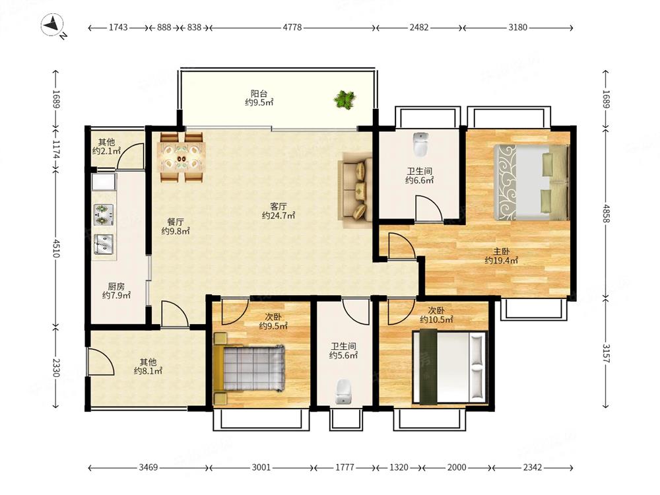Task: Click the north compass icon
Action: coord(52,24)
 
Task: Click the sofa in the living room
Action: coord(356,190)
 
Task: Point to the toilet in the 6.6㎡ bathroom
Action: coord(420,144)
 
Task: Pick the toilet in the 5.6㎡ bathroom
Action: coord(343,391)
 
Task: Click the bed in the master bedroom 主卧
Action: coord(531,182)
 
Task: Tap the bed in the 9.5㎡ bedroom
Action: coord(249,369)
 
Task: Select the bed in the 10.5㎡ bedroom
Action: coord(449,366)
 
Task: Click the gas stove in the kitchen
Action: coord(104,214)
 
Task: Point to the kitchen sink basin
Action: coord(104,245)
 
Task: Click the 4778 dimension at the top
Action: coord(292,27)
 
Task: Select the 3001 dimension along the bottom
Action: coord(261,467)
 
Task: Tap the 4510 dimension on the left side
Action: coord(56,248)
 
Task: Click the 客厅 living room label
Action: coord(279,206)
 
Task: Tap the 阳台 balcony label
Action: coord(259,94)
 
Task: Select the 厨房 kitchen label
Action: coord(116,286)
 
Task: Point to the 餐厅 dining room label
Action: coord(175,222)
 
